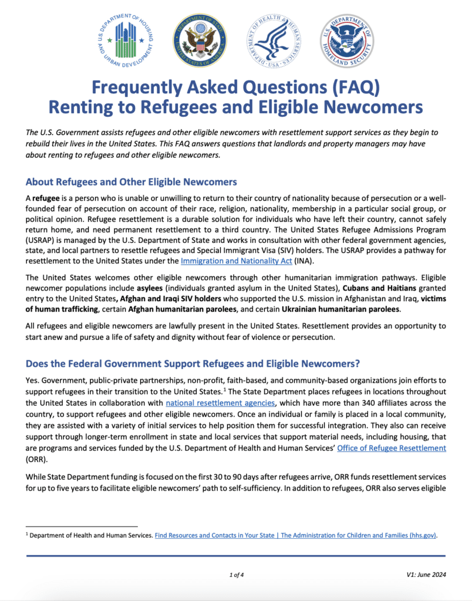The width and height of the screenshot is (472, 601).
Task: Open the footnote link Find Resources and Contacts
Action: coord(296,535)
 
